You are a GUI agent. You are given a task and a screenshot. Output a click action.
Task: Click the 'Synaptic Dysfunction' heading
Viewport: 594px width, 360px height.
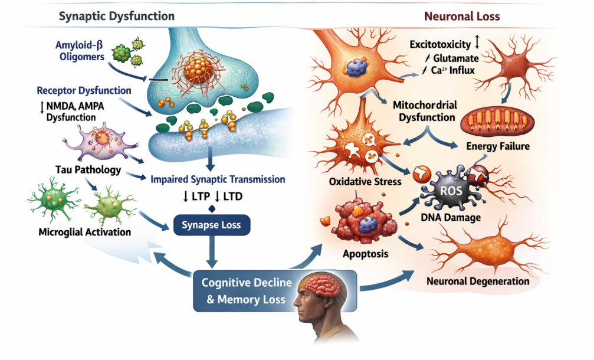tap(116, 16)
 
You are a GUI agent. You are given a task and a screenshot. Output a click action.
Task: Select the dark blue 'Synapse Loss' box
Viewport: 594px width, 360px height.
tap(211, 225)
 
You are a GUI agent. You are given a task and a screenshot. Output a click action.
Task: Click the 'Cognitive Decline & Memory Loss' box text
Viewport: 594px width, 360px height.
tap(247, 291)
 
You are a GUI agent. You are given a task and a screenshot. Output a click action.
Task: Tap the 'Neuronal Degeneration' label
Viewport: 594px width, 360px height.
tap(478, 281)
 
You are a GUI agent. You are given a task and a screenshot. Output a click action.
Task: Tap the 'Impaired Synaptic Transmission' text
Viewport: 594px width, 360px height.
tap(218, 179)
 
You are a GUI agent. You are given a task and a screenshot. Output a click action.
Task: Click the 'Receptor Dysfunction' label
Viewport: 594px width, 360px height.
tap(84, 90)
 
